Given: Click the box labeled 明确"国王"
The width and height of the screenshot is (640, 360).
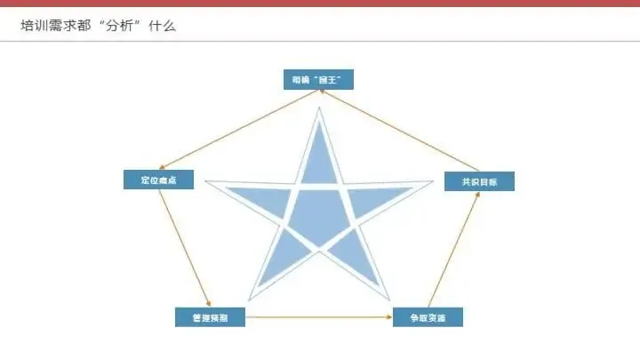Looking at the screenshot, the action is pyautogui.click(x=317, y=79).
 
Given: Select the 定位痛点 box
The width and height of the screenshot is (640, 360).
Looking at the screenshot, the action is pyautogui.click(x=158, y=180).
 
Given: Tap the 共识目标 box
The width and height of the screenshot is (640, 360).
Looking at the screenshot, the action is pyautogui.click(x=479, y=181).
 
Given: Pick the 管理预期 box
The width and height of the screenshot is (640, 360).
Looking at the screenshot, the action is pyautogui.click(x=209, y=316).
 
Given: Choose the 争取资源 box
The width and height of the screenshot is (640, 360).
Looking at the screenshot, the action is pyautogui.click(x=428, y=316).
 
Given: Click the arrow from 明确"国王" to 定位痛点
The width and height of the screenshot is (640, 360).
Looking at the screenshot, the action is pyautogui.click(x=233, y=131).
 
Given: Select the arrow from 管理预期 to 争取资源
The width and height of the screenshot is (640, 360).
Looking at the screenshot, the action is pyautogui.click(x=318, y=316).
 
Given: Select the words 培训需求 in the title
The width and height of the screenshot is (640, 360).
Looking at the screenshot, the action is pyautogui.click(x=48, y=26).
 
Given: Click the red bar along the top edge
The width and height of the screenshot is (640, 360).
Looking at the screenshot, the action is pyautogui.click(x=320, y=4).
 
